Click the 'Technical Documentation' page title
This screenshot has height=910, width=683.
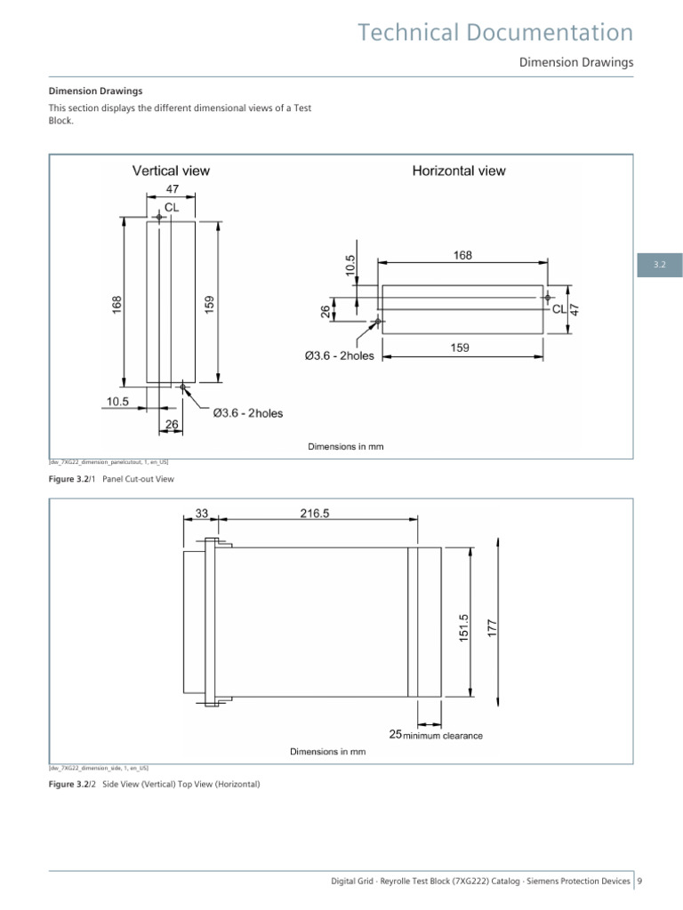click(495, 33)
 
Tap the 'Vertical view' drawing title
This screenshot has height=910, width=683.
click(171, 170)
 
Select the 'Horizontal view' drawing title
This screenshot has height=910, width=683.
click(458, 170)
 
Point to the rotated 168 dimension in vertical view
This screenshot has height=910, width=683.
click(117, 303)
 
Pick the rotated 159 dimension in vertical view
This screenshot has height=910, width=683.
click(209, 303)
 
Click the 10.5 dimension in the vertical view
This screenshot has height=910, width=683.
click(117, 402)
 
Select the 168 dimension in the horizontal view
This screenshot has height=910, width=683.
click(462, 255)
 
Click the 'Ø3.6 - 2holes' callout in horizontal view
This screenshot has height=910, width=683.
click(340, 356)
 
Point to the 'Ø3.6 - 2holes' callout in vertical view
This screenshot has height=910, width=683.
click(248, 413)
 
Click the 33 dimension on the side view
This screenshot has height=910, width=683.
click(201, 513)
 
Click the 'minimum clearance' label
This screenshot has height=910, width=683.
click(444, 735)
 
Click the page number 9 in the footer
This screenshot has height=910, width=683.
click(639, 881)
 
